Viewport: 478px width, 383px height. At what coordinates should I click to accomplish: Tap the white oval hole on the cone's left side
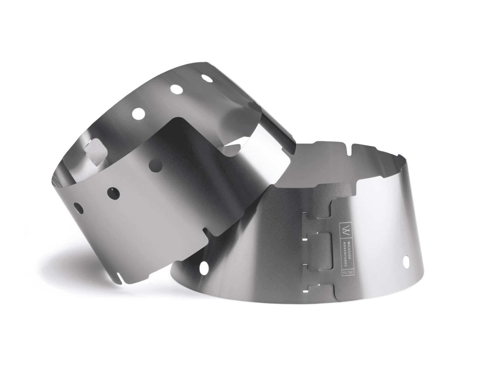click(204, 268)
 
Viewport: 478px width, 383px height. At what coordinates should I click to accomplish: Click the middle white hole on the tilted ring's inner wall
click(177, 90)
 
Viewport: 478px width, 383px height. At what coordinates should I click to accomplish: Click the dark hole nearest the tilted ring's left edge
click(78, 208)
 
